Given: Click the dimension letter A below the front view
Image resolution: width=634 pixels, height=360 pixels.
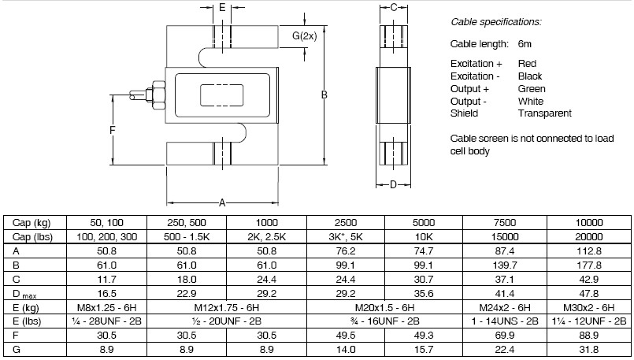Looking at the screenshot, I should [222, 202].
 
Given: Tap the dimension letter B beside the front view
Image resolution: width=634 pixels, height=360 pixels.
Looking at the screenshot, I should [324, 95].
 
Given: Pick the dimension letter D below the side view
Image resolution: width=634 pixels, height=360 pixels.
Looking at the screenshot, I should [394, 186].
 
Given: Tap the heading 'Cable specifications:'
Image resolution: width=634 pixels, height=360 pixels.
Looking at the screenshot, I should [495, 22].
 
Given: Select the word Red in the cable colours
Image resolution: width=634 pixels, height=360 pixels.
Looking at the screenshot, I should [527, 63].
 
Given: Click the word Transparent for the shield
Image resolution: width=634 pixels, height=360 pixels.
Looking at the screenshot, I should [544, 113].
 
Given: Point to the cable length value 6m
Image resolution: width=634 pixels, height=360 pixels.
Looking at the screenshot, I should [526, 44].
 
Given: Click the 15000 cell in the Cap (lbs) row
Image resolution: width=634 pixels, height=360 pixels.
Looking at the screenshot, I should [502, 236].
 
